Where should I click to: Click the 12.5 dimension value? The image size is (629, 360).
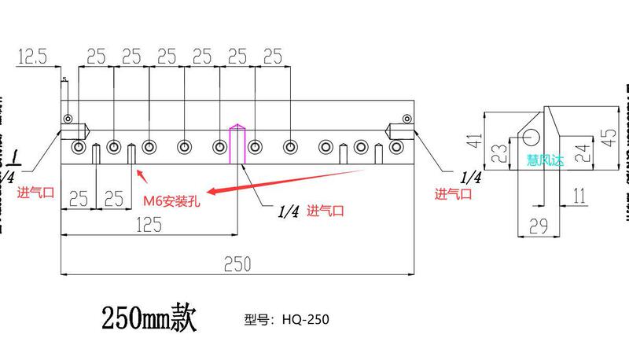32,56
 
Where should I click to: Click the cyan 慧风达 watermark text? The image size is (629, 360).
546,160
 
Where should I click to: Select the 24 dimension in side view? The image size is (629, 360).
581,151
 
